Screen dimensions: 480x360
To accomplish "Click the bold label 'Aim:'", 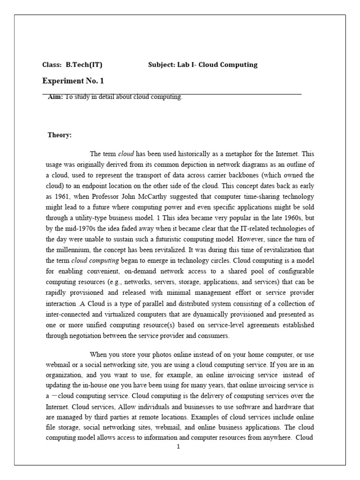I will click(55, 97).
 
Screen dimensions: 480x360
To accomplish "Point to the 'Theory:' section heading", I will click(60, 135).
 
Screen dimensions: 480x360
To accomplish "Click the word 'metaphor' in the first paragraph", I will click(245, 153).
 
